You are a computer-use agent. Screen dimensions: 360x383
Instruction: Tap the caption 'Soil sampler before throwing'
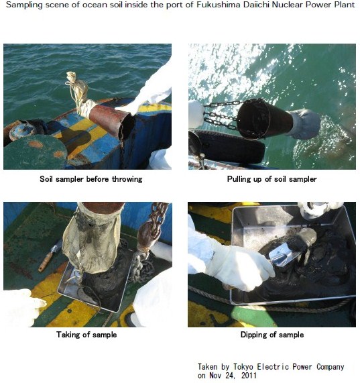click(91, 179)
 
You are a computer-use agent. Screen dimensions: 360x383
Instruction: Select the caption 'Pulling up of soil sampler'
click(272, 179)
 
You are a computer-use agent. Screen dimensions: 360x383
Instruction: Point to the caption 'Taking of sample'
click(86, 335)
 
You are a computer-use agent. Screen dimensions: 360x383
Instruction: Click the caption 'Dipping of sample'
click(272, 335)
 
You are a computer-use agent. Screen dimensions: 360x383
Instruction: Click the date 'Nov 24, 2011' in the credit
click(233, 375)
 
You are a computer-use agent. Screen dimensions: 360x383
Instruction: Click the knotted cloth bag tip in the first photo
click(71, 78)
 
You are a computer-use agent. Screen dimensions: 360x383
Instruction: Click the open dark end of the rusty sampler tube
click(127, 127)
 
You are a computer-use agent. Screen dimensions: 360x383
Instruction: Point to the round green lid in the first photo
click(34, 152)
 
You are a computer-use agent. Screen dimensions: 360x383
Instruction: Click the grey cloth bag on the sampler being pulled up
click(303, 124)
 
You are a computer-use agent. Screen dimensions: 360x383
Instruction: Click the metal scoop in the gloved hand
click(286, 255)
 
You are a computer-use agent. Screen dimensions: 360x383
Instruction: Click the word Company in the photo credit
click(331, 367)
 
